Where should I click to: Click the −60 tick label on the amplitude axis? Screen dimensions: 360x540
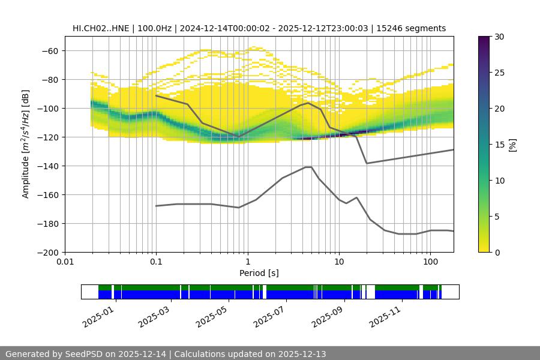click(x=49, y=51)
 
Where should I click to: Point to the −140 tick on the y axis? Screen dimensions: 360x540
click(x=49, y=166)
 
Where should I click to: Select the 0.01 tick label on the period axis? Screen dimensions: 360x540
click(x=65, y=262)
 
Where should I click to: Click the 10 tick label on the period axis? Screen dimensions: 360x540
click(x=338, y=262)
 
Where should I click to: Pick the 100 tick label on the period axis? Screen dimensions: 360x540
click(x=430, y=262)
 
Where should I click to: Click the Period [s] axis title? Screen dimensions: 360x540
click(x=259, y=273)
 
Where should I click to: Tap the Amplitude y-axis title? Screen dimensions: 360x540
click(x=26, y=145)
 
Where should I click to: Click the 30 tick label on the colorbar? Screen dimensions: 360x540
click(x=499, y=37)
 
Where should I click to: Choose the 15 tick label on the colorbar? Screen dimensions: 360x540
click(x=499, y=145)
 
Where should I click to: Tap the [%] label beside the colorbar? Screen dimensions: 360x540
click(x=512, y=145)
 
